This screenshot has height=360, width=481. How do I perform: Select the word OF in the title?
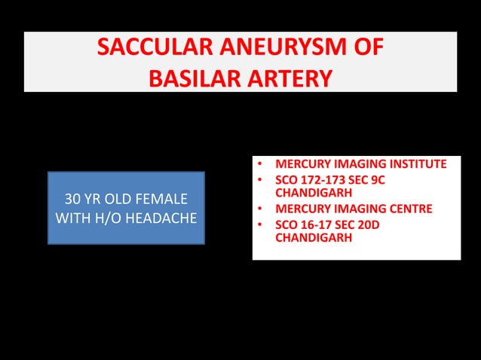click(x=369, y=50)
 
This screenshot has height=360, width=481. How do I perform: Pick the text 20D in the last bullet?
click(x=388, y=224)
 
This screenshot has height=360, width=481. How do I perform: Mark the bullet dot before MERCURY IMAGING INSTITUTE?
click(x=259, y=165)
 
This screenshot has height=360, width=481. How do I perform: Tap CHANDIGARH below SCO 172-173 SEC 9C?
click(x=311, y=194)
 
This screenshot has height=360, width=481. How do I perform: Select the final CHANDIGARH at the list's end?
click(x=311, y=238)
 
